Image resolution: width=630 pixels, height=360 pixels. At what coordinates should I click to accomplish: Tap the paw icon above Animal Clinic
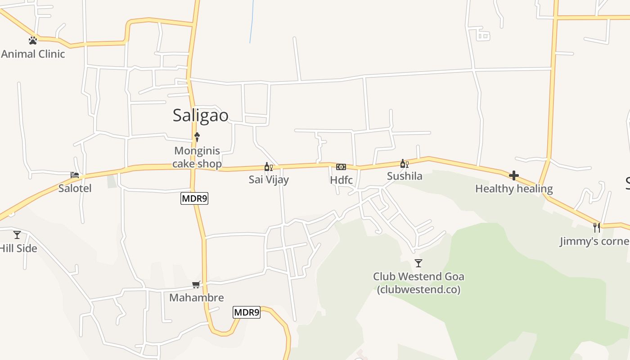[x=33, y=40]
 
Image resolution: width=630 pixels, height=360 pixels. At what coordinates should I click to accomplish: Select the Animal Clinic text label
[x=33, y=54]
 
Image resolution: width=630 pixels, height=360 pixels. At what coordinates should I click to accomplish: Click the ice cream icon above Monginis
[x=197, y=137]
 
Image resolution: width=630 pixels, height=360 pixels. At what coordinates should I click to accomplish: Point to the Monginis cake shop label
[x=197, y=157]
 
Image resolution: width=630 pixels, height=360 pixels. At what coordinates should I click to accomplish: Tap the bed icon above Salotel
[x=75, y=175]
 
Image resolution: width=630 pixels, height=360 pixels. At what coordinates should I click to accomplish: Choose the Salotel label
[x=75, y=188]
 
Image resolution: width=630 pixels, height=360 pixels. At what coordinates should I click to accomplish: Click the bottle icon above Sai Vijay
[x=268, y=167]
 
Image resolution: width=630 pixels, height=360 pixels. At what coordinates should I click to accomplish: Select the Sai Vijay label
[x=269, y=180]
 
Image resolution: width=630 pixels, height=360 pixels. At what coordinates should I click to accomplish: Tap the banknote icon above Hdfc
[x=341, y=167]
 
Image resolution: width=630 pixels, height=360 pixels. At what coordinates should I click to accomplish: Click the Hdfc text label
[x=341, y=180]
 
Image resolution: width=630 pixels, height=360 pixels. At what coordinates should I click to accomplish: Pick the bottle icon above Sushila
[x=404, y=164]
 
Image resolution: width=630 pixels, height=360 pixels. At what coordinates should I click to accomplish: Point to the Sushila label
[x=405, y=176]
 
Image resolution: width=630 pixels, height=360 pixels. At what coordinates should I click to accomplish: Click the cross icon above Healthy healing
[x=514, y=175]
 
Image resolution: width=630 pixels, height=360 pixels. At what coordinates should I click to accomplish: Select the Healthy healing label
[x=514, y=189]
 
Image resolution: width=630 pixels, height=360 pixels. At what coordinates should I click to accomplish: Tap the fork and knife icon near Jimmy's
[x=597, y=227]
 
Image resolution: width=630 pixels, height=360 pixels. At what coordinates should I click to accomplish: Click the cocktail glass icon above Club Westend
[x=418, y=263]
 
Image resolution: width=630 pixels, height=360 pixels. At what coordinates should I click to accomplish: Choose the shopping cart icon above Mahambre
[x=196, y=284]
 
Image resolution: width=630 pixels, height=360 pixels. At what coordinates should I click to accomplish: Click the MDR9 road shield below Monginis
[x=194, y=198]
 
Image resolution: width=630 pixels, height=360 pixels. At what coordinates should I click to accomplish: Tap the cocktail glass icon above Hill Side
[x=17, y=235]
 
